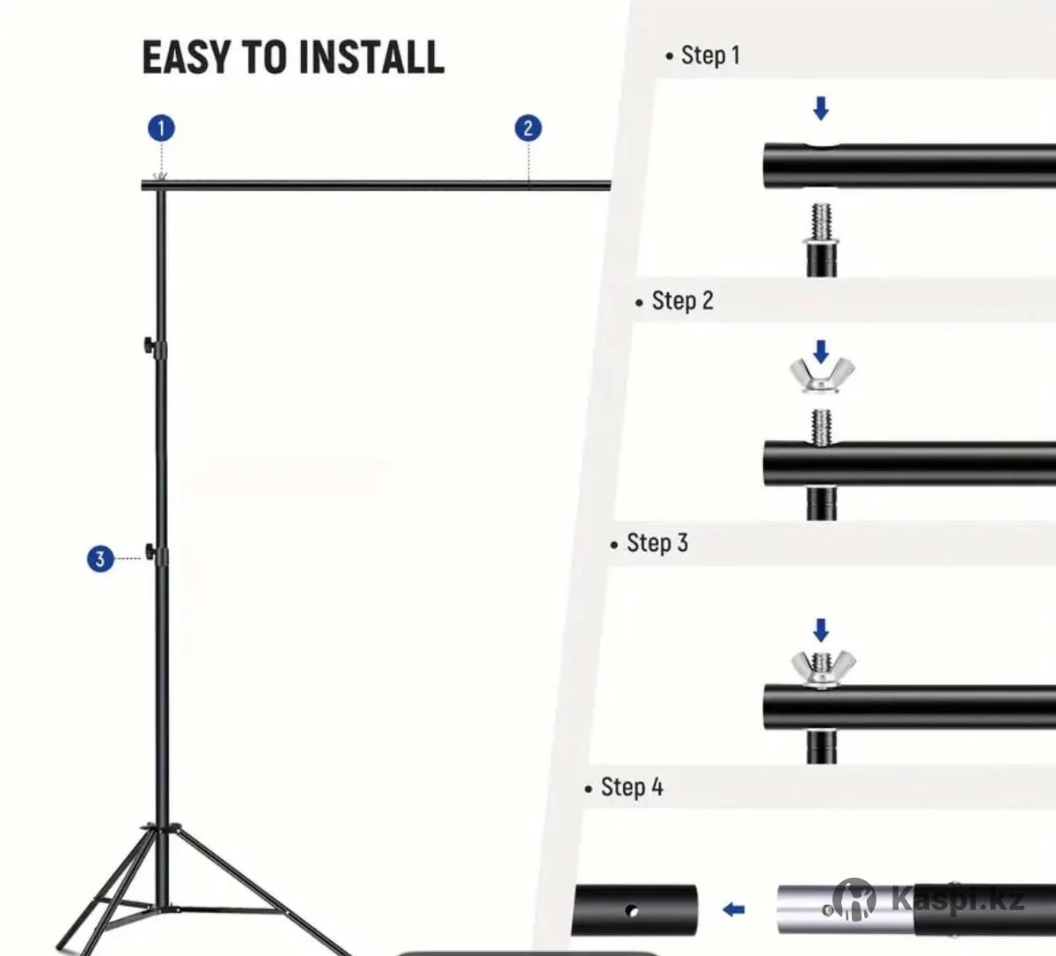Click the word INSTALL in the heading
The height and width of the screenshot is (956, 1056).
371,57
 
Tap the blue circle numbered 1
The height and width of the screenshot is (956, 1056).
161,129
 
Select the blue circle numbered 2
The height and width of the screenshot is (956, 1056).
528,129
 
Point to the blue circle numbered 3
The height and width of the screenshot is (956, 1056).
100,559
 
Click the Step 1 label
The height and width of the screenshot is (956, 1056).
703,55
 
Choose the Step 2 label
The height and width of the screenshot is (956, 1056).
675,301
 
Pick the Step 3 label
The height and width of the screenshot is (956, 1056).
649,543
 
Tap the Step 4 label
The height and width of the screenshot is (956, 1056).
624,788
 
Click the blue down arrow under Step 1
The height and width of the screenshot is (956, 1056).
821,108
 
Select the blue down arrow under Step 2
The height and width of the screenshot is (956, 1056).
821,352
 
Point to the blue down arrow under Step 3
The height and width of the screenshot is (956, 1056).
821,630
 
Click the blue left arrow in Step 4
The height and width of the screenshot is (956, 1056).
734,909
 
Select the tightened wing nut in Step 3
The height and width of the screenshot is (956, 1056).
824,668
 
